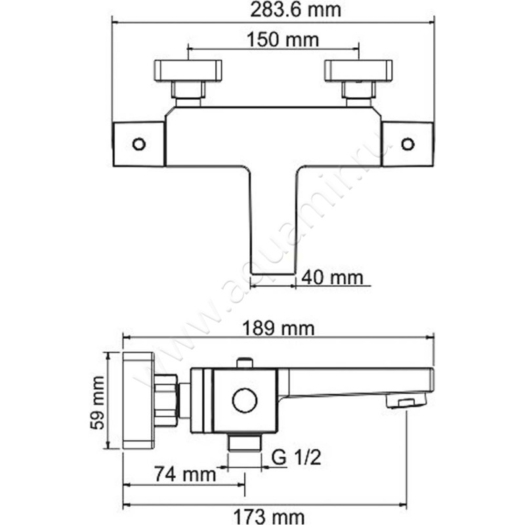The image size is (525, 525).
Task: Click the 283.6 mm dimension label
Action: (x=296, y=10)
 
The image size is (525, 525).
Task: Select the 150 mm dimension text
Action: (x=283, y=39)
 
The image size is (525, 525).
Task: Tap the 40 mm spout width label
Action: (x=332, y=278)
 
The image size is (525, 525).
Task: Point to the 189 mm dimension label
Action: (x=278, y=329)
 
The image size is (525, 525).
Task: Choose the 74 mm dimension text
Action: (x=185, y=474)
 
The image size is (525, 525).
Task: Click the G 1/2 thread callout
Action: (x=296, y=457)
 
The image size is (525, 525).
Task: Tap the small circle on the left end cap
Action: (x=138, y=144)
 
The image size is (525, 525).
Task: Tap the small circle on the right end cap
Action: (x=408, y=144)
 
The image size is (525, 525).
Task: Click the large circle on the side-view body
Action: (x=245, y=401)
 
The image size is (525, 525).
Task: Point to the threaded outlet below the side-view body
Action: (x=245, y=442)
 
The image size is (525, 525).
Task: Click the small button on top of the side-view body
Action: (x=245, y=363)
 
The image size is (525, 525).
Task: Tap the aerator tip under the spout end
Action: (x=406, y=401)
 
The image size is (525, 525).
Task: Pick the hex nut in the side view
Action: (x=166, y=401)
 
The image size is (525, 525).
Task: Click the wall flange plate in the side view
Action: (x=138, y=400)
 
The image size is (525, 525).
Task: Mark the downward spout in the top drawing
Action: (x=273, y=220)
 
